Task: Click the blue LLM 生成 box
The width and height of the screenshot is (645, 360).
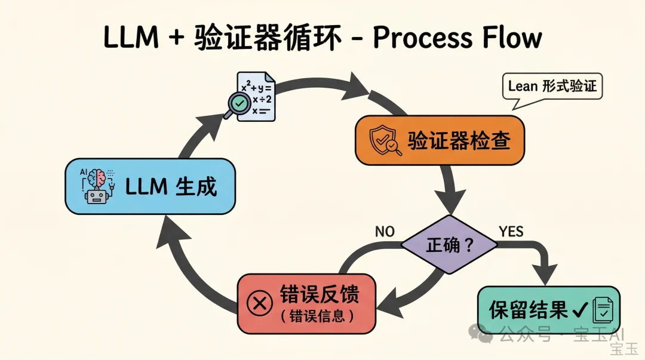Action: point(149,186)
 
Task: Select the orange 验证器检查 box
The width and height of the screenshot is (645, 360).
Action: point(440,140)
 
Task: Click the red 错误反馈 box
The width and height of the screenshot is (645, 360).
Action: point(306,303)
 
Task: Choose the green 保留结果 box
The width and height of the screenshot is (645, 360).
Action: point(548,309)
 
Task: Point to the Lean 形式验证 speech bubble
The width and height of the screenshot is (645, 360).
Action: point(552,86)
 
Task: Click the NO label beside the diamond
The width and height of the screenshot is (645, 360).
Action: point(385,231)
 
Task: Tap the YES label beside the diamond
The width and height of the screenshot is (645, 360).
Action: point(511,231)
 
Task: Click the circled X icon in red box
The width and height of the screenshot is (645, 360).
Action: point(260,303)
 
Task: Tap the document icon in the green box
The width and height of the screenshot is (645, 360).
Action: point(602,310)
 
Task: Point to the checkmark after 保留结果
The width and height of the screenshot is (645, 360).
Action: point(578,309)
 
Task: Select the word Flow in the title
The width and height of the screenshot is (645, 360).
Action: point(509,38)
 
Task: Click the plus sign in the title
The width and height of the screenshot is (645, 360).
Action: point(175,38)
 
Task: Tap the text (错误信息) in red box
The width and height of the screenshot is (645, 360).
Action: point(317,316)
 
